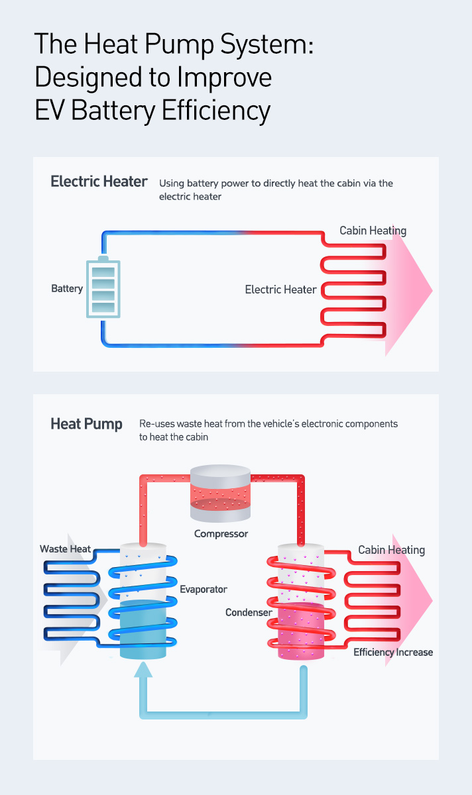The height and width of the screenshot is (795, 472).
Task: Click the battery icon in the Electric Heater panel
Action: [104, 288]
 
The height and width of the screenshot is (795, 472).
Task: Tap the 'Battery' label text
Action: [67, 289]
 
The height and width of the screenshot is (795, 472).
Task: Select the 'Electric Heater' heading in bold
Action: [99, 182]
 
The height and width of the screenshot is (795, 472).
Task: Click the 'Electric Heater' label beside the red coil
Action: [280, 290]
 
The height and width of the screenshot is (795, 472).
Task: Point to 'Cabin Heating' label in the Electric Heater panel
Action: [373, 231]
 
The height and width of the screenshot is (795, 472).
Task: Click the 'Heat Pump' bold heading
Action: [86, 424]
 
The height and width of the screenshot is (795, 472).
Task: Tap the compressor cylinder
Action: [221, 494]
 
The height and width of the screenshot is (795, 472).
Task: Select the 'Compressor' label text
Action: [221, 533]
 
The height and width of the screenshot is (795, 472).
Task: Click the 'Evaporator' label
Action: [204, 589]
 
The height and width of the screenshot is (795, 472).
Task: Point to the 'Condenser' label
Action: [249, 613]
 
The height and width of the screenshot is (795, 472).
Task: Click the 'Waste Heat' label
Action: [65, 549]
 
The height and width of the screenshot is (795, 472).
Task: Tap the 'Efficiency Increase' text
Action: [393, 653]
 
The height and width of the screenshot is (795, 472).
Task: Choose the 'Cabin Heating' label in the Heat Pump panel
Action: [391, 550]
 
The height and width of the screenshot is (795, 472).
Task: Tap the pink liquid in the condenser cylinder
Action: [301, 633]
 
